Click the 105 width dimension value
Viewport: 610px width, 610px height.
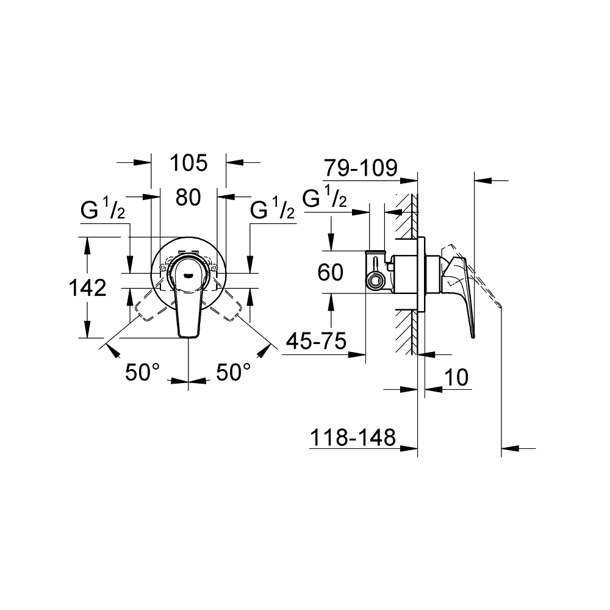(x=188, y=163)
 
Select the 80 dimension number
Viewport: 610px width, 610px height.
(x=188, y=198)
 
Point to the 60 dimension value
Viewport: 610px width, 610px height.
(x=331, y=273)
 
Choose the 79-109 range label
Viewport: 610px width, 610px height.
(x=361, y=167)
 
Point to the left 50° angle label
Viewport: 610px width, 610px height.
(x=142, y=371)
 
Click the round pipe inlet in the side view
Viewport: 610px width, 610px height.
(x=375, y=281)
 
